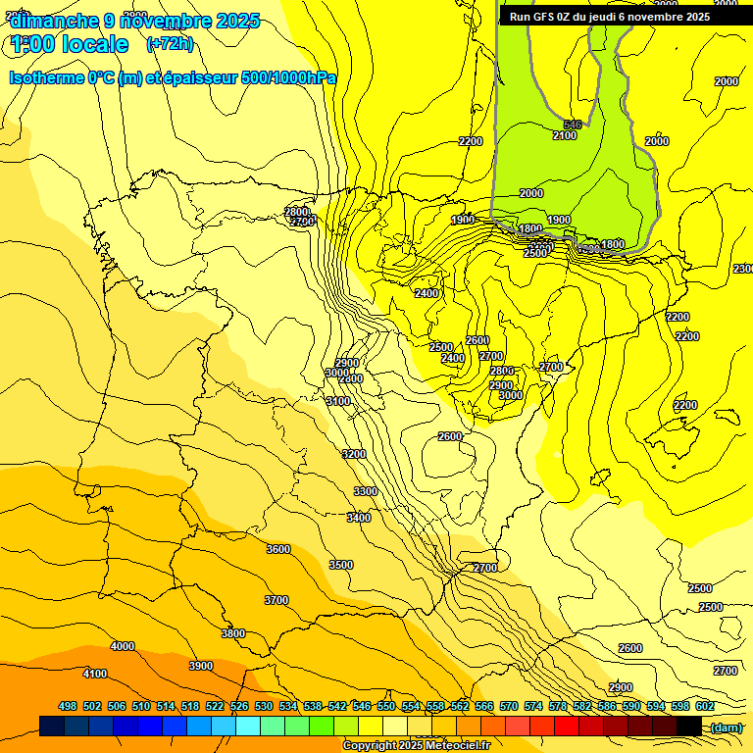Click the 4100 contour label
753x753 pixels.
pos(95,674)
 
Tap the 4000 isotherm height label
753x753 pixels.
pos(123,646)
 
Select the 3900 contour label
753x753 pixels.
pos(201,666)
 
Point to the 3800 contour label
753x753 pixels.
pos(233,633)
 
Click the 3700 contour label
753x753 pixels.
pos(276,600)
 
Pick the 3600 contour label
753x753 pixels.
pos(278,549)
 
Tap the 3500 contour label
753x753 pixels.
pos(341,565)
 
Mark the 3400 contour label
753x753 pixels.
pos(359,517)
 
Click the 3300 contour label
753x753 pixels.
pos(366,491)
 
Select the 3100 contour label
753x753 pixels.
pos(338,401)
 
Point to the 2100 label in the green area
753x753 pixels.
pos(565,135)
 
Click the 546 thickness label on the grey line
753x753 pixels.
pos(573,125)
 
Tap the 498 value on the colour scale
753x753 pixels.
pos(68,706)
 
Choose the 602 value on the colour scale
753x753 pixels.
pos(705,706)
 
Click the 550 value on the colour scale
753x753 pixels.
pos(386,706)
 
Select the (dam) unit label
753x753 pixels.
pos(727,727)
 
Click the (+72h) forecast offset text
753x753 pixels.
pos(170,43)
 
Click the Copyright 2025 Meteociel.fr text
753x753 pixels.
pos(416,745)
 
